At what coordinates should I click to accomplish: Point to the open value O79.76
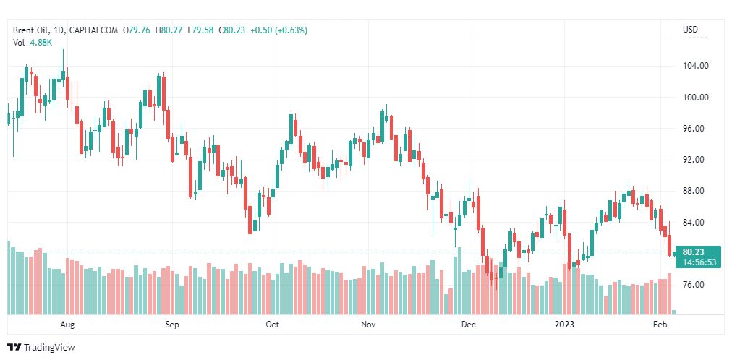click(x=136, y=30)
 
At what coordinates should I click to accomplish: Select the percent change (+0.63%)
click(x=289, y=30)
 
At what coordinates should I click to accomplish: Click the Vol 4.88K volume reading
click(x=32, y=42)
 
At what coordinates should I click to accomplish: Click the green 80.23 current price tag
click(x=698, y=252)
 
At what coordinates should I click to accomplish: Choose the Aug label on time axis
click(x=67, y=325)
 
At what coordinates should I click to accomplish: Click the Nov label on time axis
click(x=369, y=325)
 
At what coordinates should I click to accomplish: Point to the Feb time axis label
click(x=660, y=325)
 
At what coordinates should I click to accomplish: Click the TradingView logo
click(x=41, y=348)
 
